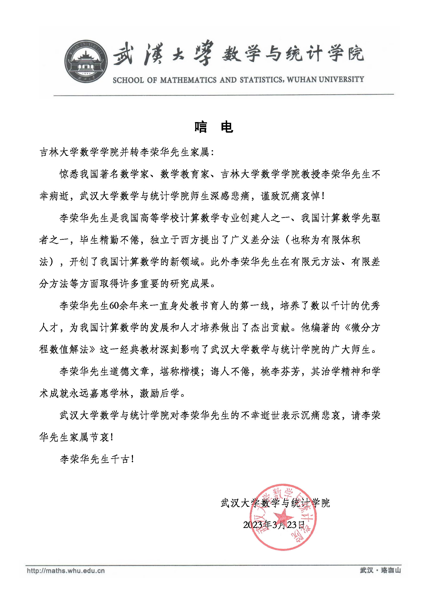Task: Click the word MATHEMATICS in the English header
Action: click(x=188, y=80)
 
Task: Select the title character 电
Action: click(x=227, y=127)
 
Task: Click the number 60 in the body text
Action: click(x=114, y=306)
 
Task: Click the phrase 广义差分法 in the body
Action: click(x=255, y=240)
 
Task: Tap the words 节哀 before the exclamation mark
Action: click(x=99, y=437)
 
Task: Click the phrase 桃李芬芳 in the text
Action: click(x=280, y=372)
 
